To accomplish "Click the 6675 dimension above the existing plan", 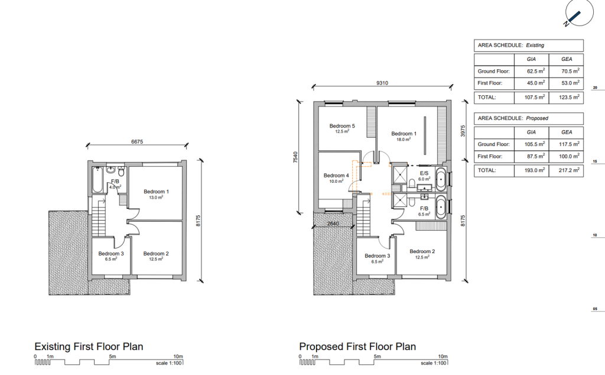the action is [x=137, y=142].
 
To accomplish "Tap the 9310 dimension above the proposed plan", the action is [x=382, y=83].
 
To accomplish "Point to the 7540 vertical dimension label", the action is [x=295, y=157].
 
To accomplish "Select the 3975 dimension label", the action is [x=463, y=131].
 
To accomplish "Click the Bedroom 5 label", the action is [x=342, y=126].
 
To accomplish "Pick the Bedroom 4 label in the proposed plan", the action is [x=336, y=175].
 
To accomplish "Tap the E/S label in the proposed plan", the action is [x=424, y=173].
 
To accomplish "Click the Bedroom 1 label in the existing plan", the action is [x=156, y=192].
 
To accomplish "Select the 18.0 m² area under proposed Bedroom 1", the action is [x=404, y=140].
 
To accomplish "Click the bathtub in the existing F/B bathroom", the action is [x=97, y=179].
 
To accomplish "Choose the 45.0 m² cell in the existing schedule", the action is [x=536, y=83].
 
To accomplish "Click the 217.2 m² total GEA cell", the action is [x=569, y=170].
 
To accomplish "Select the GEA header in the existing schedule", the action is [x=567, y=59].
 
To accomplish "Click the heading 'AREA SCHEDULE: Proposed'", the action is [x=513, y=118].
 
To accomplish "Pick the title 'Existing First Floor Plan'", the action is [x=89, y=347].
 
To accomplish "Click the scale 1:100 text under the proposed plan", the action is [x=434, y=363].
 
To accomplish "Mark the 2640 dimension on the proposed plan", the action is [x=333, y=224].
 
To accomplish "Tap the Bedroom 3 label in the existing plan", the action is [x=110, y=254].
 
